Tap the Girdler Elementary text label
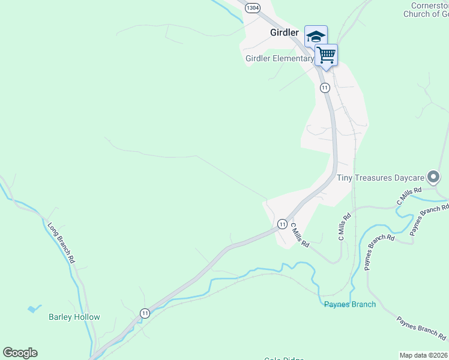coord(279,59)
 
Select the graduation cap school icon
coord(316,37)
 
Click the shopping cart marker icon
coord(326,55)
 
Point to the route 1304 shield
coord(253,8)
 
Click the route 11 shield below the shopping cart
coord(325,88)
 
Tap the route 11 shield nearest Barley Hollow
coord(145,313)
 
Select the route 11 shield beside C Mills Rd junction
coord(282,224)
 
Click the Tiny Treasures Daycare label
coord(379,178)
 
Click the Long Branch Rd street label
coord(61,242)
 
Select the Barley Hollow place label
coord(74,317)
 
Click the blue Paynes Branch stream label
coord(350,304)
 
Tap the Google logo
coord(20,352)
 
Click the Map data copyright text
coord(423,355)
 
